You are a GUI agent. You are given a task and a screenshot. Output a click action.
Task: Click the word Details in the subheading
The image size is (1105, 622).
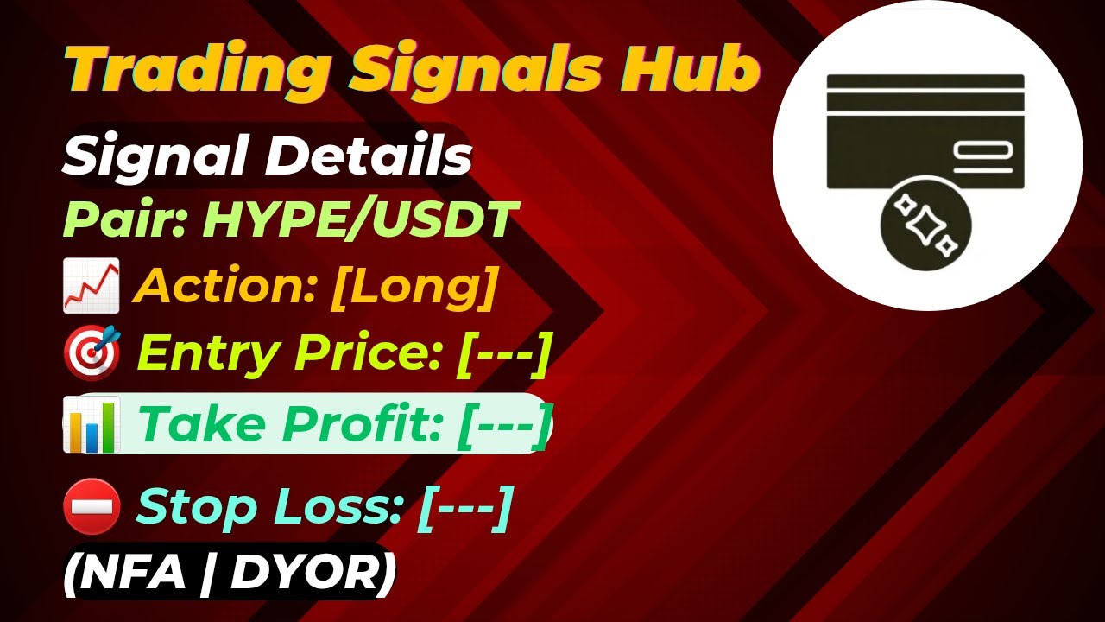tap(373, 156)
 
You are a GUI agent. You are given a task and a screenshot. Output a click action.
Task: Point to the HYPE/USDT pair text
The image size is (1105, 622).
tap(361, 219)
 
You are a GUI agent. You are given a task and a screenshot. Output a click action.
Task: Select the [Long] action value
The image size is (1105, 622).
tap(414, 287)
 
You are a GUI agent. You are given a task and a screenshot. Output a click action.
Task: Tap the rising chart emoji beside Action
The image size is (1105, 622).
tap(91, 288)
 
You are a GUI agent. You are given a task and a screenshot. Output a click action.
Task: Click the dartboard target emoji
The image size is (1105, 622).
tap(92, 353)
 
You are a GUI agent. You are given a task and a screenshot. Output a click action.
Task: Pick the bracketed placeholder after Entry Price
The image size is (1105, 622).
tap(504, 353)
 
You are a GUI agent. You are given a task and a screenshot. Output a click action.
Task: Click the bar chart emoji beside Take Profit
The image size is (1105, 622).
tap(90, 425)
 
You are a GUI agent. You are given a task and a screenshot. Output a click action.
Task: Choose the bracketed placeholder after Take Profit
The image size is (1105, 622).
tap(504, 424)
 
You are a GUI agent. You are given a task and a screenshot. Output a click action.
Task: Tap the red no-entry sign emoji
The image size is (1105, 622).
tap(91, 506)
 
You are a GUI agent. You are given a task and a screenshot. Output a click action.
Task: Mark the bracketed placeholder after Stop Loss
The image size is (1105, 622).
tap(466, 507)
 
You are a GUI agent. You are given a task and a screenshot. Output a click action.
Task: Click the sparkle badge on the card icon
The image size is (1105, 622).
tap(925, 224)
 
